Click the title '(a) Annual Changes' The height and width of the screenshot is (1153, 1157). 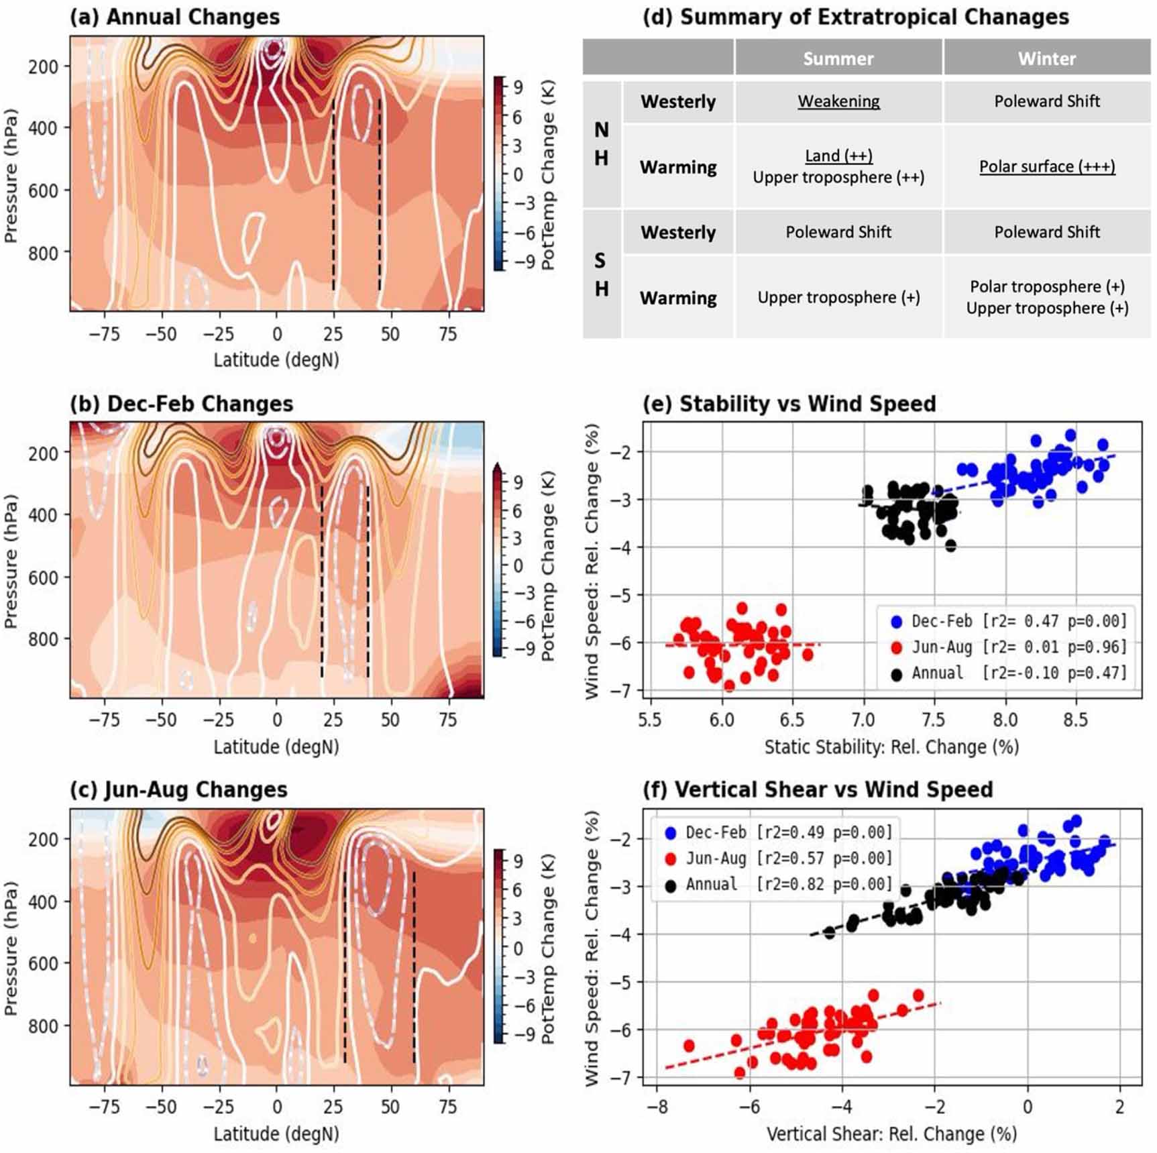tap(175, 16)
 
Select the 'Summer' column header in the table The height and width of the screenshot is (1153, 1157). tap(838, 58)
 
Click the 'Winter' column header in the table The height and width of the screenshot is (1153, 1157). tap(1046, 58)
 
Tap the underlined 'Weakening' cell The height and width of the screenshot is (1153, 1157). tap(838, 101)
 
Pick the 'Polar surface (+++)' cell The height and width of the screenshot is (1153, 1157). tap(1046, 166)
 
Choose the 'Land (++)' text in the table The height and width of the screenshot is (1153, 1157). tap(838, 156)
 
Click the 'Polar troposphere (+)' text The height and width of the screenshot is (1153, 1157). tap(1046, 286)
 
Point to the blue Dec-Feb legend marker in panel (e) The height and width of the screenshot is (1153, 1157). tap(896, 622)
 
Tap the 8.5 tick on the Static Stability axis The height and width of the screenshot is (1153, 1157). tap(1076, 720)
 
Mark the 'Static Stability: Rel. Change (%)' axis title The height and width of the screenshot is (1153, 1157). tap(891, 747)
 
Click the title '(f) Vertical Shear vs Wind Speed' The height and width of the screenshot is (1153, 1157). tap(818, 789)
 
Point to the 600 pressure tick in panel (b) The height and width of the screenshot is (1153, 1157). tap(44, 578)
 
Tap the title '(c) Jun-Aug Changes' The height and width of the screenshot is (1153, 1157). tap(178, 789)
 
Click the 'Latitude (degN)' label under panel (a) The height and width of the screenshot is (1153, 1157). tap(276, 360)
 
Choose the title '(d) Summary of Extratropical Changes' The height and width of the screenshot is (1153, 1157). tap(856, 16)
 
